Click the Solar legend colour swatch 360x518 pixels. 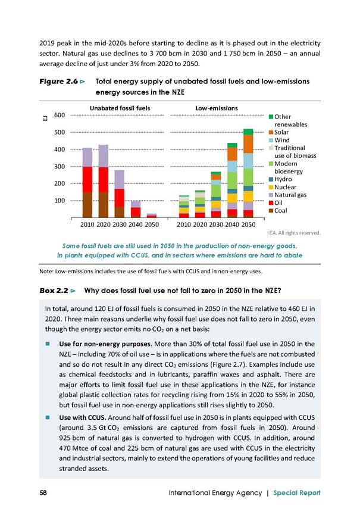(271, 132)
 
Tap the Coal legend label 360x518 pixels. (280, 211)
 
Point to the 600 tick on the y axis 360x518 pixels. (60, 116)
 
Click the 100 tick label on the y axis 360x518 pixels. (60, 201)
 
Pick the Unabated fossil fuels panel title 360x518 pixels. (120, 108)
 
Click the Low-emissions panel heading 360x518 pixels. (217, 108)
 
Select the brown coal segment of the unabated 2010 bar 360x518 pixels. (87, 204)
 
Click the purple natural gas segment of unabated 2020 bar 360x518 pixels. (104, 156)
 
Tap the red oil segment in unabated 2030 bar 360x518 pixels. (120, 198)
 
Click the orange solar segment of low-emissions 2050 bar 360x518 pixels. (248, 144)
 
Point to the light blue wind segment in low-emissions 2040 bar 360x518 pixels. (232, 166)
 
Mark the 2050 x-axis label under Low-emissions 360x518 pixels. (248, 224)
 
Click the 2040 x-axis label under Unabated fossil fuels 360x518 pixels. (136, 224)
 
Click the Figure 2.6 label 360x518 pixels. (59, 82)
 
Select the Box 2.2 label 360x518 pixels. (54, 291)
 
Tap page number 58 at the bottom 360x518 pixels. (43, 493)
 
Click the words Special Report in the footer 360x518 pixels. (297, 493)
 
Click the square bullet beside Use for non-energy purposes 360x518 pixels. (48, 344)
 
